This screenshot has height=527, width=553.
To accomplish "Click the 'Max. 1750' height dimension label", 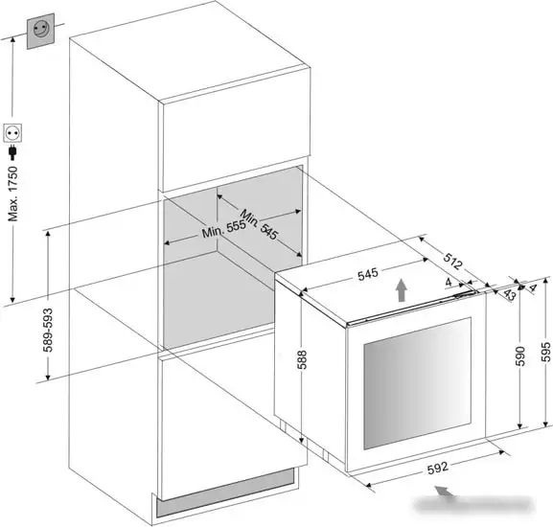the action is click(12, 194).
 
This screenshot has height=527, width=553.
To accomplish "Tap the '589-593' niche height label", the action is click(48, 330).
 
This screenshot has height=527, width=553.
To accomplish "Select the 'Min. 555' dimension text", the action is click(223, 229).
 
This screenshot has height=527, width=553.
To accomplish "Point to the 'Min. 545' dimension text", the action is click(259, 224).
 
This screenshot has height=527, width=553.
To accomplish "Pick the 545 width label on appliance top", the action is click(368, 275).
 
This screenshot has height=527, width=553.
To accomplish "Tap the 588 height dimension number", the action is click(302, 359).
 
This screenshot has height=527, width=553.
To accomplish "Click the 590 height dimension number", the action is click(520, 356).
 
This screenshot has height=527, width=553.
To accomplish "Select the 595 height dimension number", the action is click(545, 352).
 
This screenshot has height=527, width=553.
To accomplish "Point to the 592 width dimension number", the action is click(438, 468).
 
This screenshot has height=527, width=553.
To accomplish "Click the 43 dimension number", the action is click(509, 294).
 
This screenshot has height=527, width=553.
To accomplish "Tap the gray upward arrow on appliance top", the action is click(401, 290).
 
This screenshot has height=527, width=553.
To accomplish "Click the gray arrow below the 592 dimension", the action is click(447, 493).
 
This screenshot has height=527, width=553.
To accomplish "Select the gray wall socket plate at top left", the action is click(40, 31).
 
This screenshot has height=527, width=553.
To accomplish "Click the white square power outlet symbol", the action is click(12, 133).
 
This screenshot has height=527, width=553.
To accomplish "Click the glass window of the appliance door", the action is click(418, 383).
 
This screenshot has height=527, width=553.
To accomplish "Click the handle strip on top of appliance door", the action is click(413, 308).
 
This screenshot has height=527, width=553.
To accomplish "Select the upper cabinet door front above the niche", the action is click(236, 129).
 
